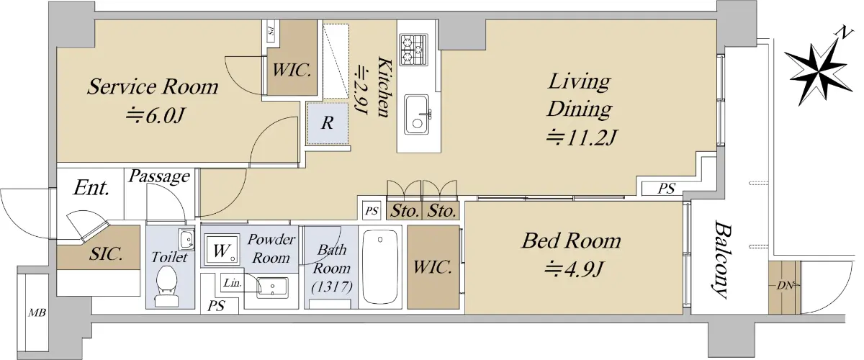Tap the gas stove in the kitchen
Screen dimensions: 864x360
pos(413,50)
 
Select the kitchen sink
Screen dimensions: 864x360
pos(417,114)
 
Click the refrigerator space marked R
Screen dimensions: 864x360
pos(328,123)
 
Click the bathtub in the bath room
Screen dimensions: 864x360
pos(380,266)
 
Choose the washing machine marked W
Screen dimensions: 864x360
pos(222,250)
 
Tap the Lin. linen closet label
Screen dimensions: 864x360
pos(233,283)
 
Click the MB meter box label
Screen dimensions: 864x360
pos(37,312)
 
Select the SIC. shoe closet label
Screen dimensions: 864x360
pos(106,254)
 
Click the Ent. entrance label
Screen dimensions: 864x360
pos(91,188)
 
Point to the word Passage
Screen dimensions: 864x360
pos(159,176)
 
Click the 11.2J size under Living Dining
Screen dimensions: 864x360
pos(582,138)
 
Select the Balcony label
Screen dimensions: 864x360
pos(721,259)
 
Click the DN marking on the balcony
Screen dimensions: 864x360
pos(785,286)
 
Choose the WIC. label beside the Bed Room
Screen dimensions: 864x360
pos(433,267)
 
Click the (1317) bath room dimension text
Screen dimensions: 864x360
pos(332,287)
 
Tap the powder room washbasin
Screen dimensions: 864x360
pos(272,287)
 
